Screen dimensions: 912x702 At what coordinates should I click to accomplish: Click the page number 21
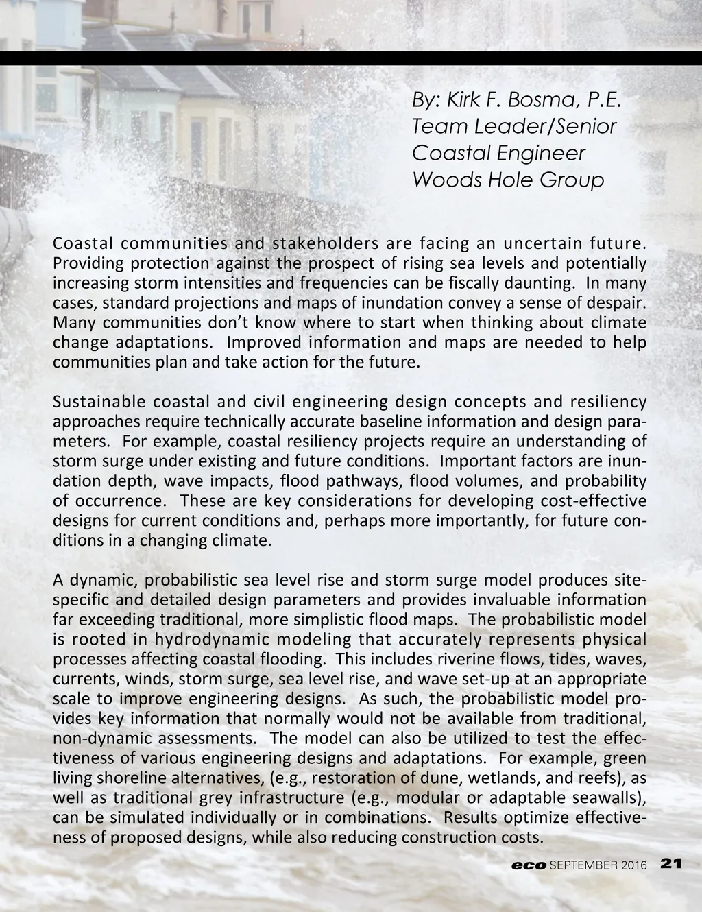pyautogui.click(x=670, y=865)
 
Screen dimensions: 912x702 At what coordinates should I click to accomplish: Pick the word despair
pyautogui.click(x=620, y=303)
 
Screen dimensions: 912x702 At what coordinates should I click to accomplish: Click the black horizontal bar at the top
pyautogui.click(x=351, y=58)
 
